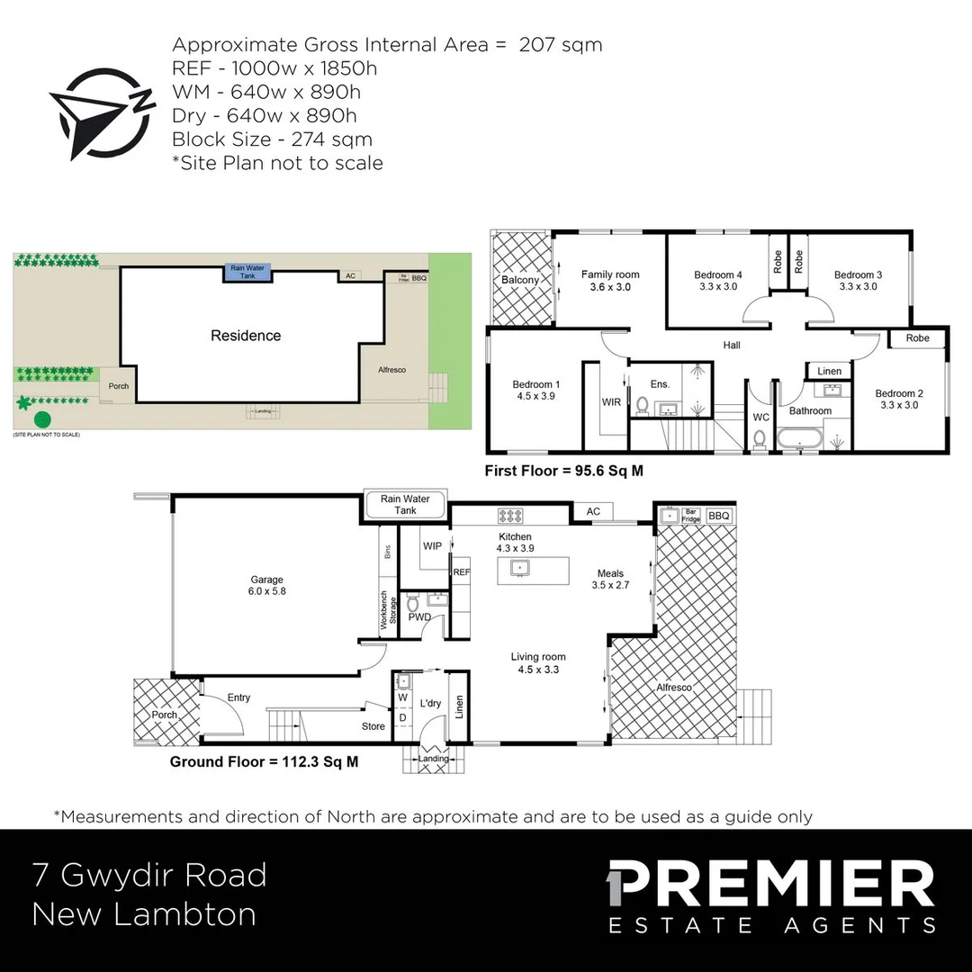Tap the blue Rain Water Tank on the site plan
[x=246, y=273]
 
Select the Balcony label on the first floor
[x=520, y=280]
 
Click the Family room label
[x=610, y=274]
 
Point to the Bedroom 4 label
[x=718, y=274]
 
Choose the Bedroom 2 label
[x=899, y=393]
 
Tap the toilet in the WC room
[x=759, y=439]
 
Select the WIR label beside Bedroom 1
[x=612, y=402]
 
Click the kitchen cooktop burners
[x=511, y=517]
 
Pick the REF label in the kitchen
[x=462, y=571]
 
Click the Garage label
[x=266, y=580]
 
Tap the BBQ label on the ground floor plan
[x=719, y=516]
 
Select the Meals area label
[x=608, y=573]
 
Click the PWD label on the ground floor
[x=418, y=617]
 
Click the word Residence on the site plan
[x=246, y=336]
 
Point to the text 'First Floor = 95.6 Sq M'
[x=563, y=470]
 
